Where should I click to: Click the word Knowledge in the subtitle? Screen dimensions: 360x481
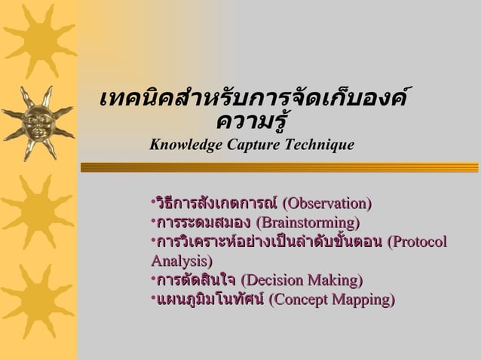coord(184,145)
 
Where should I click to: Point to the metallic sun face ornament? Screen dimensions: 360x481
coord(37,121)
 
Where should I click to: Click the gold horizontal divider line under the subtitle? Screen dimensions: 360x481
coord(279,167)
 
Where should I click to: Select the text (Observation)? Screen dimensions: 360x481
coord(326,204)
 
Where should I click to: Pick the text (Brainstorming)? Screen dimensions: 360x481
coord(308,224)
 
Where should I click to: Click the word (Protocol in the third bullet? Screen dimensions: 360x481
coord(417,243)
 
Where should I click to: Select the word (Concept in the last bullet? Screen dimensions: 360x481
coord(298,301)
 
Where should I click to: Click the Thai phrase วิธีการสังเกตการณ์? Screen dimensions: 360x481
coord(216,204)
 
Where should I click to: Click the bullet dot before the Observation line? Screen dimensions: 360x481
coord(152,202)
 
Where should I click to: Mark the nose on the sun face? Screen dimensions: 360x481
coord(37,122)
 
